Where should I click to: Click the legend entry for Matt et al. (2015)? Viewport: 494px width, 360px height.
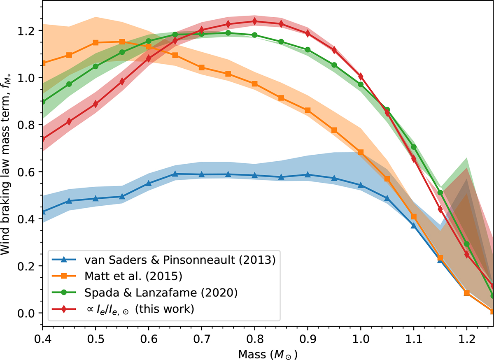[x=133, y=276]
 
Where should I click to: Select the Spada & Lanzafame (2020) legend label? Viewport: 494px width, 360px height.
[x=161, y=293]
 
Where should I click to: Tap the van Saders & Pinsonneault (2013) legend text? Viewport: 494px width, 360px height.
[x=180, y=260]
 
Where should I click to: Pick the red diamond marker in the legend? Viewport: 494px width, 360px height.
[x=64, y=309]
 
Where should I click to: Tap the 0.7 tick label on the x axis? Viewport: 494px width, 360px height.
[x=202, y=339]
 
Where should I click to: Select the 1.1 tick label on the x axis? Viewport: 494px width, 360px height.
[x=413, y=339]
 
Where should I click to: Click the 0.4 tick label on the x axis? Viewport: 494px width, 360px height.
[x=42, y=339]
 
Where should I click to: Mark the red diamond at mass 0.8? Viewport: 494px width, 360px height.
[x=254, y=21]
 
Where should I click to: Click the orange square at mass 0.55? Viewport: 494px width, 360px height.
[x=122, y=42]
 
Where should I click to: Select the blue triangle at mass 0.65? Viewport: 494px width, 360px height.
[x=175, y=174]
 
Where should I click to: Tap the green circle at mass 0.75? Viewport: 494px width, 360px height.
[x=228, y=33]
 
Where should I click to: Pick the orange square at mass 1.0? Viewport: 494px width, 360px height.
[x=361, y=152]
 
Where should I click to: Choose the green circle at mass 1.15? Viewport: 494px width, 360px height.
[x=440, y=193]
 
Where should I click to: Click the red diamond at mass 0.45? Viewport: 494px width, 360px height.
[x=69, y=121]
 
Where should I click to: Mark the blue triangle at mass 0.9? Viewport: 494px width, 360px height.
[x=308, y=175]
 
